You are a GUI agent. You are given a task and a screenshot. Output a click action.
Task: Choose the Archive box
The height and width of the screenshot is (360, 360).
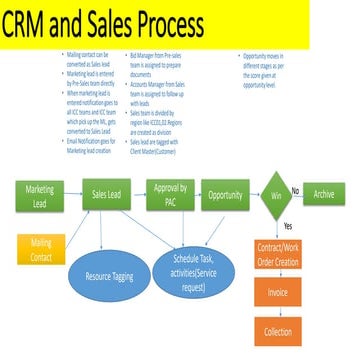[324, 193]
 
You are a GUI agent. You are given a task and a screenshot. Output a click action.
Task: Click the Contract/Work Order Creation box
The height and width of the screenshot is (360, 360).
[278, 252]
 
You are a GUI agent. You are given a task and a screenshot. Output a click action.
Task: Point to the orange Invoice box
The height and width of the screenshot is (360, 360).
[278, 292]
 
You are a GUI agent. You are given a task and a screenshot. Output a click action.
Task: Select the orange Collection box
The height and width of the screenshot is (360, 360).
[278, 331]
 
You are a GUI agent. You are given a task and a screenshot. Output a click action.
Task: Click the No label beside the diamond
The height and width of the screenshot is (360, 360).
[295, 185]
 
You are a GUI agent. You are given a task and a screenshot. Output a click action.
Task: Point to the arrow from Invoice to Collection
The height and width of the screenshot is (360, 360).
[278, 312]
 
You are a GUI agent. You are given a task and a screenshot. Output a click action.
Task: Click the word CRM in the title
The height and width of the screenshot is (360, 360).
[39, 29]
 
